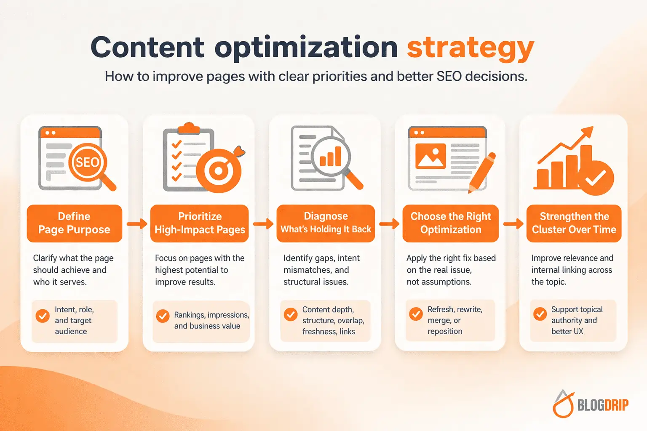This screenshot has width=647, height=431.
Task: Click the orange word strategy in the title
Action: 470,48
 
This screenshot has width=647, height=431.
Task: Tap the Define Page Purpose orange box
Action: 74,223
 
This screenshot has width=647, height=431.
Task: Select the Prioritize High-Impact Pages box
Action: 200,223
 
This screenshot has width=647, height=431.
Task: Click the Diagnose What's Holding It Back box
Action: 326,223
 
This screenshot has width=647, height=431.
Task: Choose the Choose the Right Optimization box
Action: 450,223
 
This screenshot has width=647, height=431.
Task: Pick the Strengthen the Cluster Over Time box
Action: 574,223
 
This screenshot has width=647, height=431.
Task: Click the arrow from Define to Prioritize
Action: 137,223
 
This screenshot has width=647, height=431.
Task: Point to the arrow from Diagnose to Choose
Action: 389,223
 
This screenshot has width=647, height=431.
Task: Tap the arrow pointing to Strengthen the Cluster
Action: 513,223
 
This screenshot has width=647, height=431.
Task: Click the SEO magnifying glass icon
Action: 88,163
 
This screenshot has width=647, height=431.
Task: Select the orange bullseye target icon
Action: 219,171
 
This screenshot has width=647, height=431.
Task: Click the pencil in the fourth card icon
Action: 482,173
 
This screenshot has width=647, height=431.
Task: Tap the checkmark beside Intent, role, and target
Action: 43,316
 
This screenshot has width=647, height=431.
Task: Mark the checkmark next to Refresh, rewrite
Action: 416,314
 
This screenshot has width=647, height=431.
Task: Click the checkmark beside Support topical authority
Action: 540,314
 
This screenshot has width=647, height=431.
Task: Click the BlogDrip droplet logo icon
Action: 563,404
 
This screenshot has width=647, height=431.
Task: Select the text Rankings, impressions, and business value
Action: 211,320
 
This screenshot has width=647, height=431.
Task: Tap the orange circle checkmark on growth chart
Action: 596,178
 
